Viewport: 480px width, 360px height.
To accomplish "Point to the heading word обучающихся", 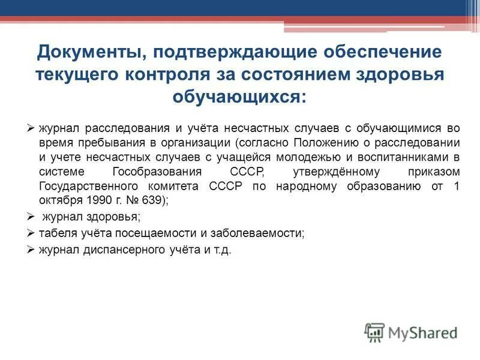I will coord(240,96).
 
